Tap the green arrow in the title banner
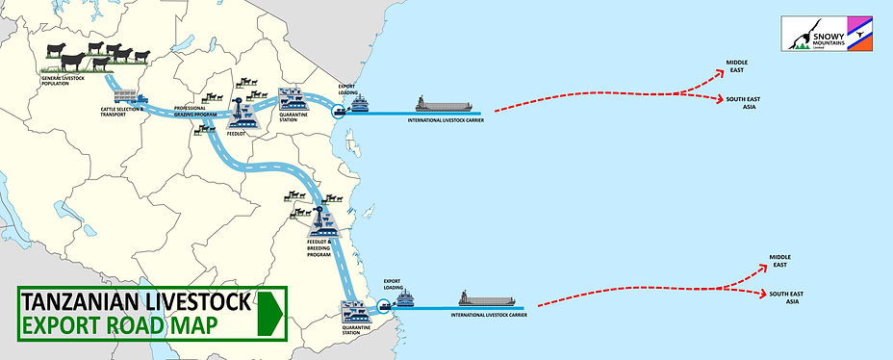pos(270,312)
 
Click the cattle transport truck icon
pos(130,97)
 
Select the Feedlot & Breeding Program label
pos(319,249)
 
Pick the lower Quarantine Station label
pos(357,329)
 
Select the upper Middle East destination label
pos(737,66)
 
